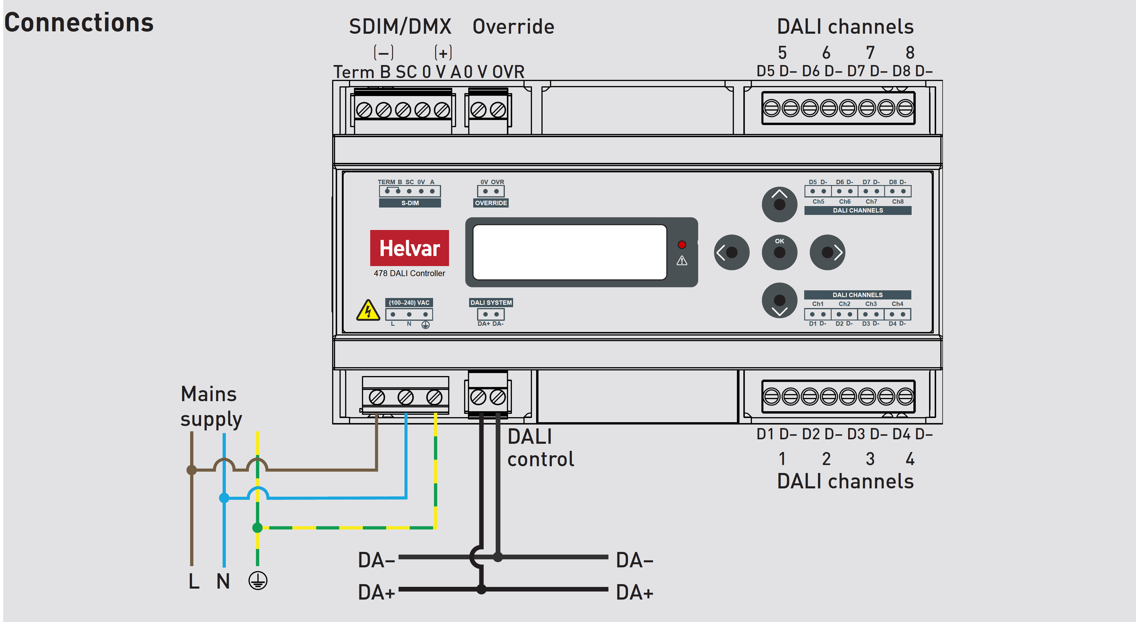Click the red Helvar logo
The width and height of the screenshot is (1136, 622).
click(x=409, y=248)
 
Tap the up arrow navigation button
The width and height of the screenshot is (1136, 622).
click(x=779, y=204)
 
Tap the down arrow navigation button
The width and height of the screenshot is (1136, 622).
click(x=779, y=301)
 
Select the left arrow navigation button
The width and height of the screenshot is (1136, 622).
click(x=731, y=252)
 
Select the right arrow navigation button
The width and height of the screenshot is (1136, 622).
click(x=827, y=252)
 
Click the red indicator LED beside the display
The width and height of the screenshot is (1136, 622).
click(x=682, y=245)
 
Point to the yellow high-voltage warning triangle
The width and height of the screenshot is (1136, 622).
click(x=368, y=310)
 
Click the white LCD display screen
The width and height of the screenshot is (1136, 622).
click(x=569, y=252)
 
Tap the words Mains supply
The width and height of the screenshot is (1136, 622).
click(x=211, y=406)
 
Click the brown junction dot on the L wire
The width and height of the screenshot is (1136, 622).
click(x=191, y=470)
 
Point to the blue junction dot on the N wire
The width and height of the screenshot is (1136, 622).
click(x=224, y=498)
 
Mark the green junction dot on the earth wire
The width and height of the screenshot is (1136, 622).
click(x=257, y=527)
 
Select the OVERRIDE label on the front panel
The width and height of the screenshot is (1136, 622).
click(x=491, y=203)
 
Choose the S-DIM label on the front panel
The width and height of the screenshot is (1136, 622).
click(x=410, y=203)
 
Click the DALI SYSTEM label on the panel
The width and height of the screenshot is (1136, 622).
click(x=491, y=302)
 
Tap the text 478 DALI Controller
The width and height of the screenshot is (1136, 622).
click(x=409, y=273)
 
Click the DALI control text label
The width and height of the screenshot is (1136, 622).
click(x=541, y=447)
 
